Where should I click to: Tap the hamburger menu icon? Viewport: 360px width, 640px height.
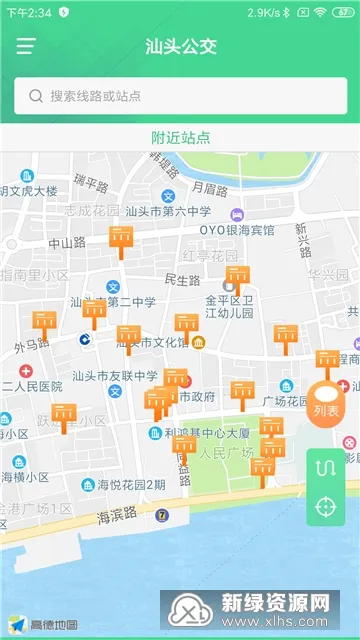[x=25, y=46]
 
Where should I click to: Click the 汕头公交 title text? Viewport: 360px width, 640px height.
[x=180, y=46]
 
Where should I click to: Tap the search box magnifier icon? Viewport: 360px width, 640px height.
[x=36, y=96]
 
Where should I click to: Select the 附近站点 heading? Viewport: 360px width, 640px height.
[x=180, y=137]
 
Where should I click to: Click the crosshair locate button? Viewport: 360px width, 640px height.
[x=325, y=506]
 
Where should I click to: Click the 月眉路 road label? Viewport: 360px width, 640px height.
[x=211, y=187]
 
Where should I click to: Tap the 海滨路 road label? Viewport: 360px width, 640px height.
[x=117, y=490]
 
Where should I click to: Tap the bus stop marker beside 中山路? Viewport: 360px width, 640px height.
[x=121, y=240]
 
